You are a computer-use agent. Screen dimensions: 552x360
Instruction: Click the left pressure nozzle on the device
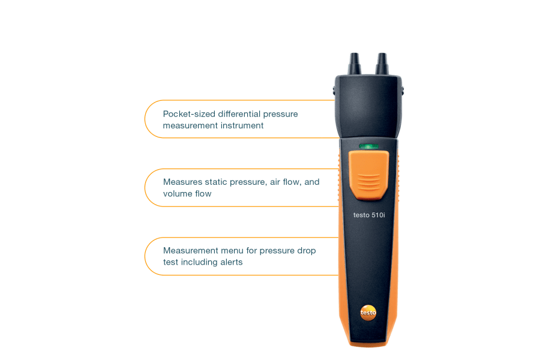click(x=355, y=64)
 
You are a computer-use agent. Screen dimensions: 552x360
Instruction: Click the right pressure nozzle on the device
click(x=382, y=64)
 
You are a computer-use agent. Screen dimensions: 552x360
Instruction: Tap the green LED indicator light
click(x=368, y=146)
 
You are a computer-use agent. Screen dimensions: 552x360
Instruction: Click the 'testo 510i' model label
click(x=369, y=215)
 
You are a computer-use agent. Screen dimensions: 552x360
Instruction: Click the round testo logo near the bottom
click(x=368, y=313)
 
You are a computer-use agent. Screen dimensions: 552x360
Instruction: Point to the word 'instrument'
click(x=242, y=125)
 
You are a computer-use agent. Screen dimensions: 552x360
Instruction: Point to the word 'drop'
click(x=307, y=251)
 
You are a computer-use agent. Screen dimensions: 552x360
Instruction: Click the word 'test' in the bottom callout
click(x=170, y=262)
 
